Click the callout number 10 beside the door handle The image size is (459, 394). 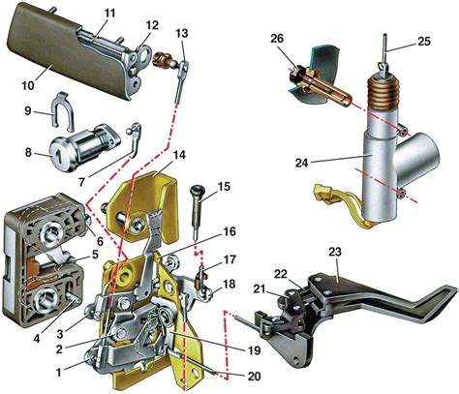point(28,85)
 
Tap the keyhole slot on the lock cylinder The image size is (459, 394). point(59,158)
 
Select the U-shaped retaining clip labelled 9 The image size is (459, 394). point(63,110)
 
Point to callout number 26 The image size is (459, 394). point(277,39)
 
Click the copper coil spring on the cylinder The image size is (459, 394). point(383,93)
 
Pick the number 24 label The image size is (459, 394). point(302,163)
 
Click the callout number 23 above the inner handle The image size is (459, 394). point(335,252)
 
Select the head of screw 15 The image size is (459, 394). point(197,190)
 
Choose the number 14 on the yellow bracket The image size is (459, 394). point(179,155)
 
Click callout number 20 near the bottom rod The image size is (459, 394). point(254,377)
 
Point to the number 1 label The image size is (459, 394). point(58,373)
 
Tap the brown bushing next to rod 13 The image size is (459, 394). point(161,58)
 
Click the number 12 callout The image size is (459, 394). point(152,25)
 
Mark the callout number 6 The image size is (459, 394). point(100,240)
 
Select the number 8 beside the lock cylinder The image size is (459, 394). point(28,152)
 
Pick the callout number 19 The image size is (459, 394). point(254,350)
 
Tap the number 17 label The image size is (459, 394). point(229,259)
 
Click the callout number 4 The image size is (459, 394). point(37,339)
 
